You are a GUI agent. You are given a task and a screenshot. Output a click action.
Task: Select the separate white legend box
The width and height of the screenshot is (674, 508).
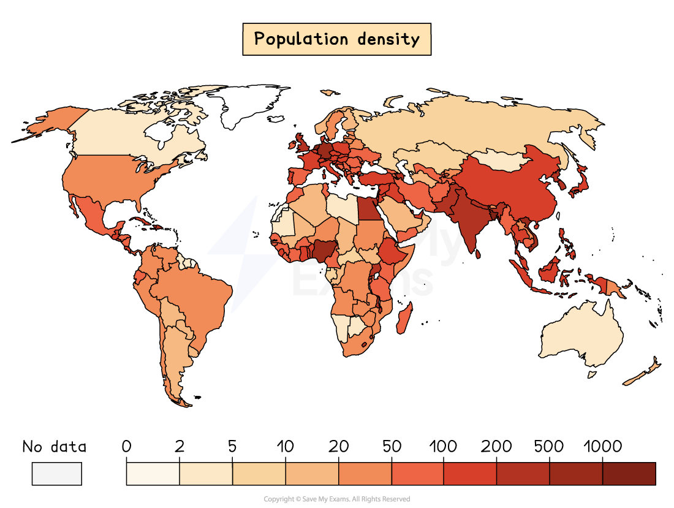point(56,474)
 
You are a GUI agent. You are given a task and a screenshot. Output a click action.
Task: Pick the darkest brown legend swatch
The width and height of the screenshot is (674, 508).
point(629,474)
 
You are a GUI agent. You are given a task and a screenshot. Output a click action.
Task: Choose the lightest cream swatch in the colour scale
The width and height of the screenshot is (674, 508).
point(153,474)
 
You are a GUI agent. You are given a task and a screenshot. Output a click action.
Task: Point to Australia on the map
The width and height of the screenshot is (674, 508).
point(582,334)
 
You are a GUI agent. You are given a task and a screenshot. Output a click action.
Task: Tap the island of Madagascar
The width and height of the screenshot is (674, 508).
point(404,319)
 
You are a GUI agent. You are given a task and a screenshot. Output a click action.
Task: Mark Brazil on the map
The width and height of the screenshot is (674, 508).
point(196,294)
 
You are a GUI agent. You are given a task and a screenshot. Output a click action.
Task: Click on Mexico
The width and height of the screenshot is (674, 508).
point(92,214)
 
